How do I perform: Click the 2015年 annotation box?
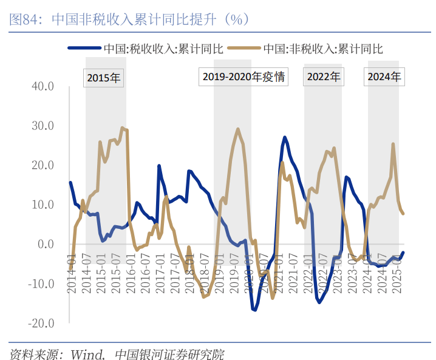pos(104,77)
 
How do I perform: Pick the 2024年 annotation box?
pos(384,77)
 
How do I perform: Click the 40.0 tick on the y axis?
pos(43,86)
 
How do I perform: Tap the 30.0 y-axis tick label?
pos(43,126)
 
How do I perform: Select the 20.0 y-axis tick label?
pos(43,165)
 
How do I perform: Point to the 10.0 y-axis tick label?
pos(43,205)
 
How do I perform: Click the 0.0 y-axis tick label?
pos(46,244)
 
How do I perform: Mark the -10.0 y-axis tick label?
pos(41,284)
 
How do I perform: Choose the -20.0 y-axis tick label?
pos(41,323)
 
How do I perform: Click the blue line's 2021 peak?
pos(284,138)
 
